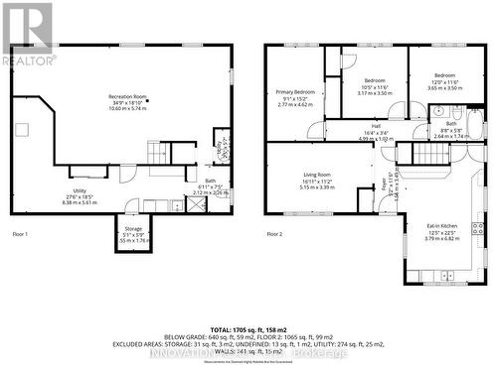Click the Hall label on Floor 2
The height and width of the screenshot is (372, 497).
(x=377, y=126)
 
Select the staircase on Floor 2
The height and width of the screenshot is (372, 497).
(x=408, y=154)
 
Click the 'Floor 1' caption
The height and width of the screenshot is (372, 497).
(x=20, y=233)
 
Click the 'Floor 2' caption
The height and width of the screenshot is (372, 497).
(x=274, y=233)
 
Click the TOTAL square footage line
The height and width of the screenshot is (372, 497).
(x=248, y=326)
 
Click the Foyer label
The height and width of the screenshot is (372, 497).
(x=385, y=183)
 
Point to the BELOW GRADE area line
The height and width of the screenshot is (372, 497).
(x=248, y=335)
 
